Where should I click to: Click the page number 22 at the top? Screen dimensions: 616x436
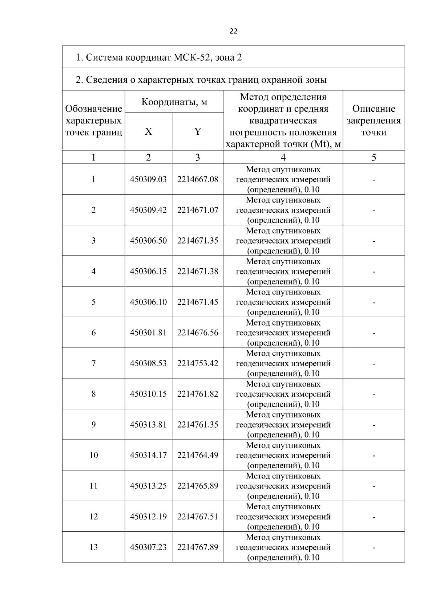(x=233, y=31)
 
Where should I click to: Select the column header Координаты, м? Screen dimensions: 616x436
(x=174, y=102)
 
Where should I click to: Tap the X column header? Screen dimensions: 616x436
(x=148, y=131)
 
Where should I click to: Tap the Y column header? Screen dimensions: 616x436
(x=198, y=131)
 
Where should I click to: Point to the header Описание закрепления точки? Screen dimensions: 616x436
(x=374, y=120)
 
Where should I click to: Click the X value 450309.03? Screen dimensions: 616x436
(x=148, y=179)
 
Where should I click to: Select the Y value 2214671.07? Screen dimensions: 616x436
(x=198, y=210)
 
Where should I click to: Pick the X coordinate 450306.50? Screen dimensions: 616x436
(x=148, y=241)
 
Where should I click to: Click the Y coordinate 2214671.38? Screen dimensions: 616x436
(x=198, y=271)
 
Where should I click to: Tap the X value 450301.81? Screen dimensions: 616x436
(x=148, y=333)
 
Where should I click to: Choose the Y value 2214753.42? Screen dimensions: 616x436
(x=198, y=363)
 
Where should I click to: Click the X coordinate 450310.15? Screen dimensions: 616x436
(x=148, y=394)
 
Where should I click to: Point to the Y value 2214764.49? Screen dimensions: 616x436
(x=198, y=455)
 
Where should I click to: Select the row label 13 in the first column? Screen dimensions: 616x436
(x=93, y=547)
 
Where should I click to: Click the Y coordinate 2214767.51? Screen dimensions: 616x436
(x=198, y=517)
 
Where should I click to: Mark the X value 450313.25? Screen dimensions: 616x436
(x=148, y=486)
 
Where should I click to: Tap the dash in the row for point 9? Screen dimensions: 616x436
(x=374, y=425)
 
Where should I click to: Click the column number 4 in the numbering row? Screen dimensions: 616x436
(x=283, y=157)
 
